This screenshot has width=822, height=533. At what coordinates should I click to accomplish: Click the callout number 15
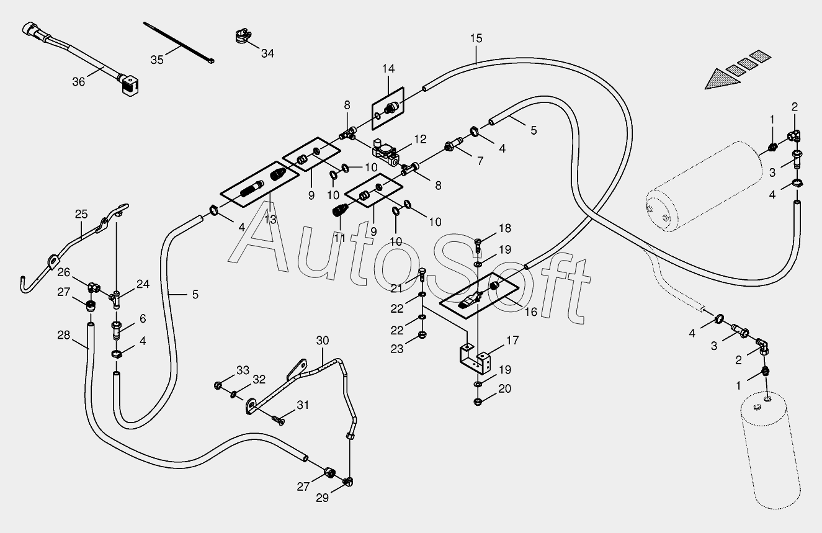476,38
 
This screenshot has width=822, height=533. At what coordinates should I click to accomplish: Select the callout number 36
79,82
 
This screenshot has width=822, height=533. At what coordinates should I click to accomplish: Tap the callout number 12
420,139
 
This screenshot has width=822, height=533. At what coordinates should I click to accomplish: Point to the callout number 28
64,335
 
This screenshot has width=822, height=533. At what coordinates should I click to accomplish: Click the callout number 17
512,340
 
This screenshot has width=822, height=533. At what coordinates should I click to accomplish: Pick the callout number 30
323,341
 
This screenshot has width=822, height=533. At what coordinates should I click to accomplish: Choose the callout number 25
81,214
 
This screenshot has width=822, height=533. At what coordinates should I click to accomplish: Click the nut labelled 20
478,401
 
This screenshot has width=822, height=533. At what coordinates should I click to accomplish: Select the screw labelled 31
278,420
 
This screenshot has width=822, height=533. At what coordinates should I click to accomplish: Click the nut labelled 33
218,385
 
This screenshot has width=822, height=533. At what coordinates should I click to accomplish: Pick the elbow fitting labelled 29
348,481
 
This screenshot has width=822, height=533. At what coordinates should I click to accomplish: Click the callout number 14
388,69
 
